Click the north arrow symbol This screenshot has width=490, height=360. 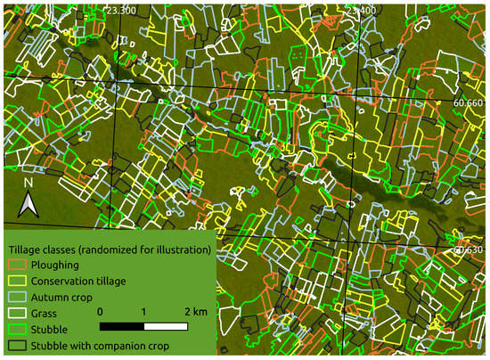(x=28, y=207)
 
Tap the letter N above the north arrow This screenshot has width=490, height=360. (x=28, y=184)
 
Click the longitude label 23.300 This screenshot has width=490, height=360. (x=120, y=10)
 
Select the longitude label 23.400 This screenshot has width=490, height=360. (x=362, y=10)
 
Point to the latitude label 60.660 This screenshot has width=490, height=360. (x=470, y=103)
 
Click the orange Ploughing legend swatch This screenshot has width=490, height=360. (x=16, y=265)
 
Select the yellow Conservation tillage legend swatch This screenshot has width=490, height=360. (x=16, y=281)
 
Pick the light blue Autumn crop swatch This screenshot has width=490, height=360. (x=16, y=297)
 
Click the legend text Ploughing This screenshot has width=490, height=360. (x=55, y=265)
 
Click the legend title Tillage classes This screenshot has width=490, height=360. (x=108, y=249)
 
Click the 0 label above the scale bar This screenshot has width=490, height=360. (x=101, y=311)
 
